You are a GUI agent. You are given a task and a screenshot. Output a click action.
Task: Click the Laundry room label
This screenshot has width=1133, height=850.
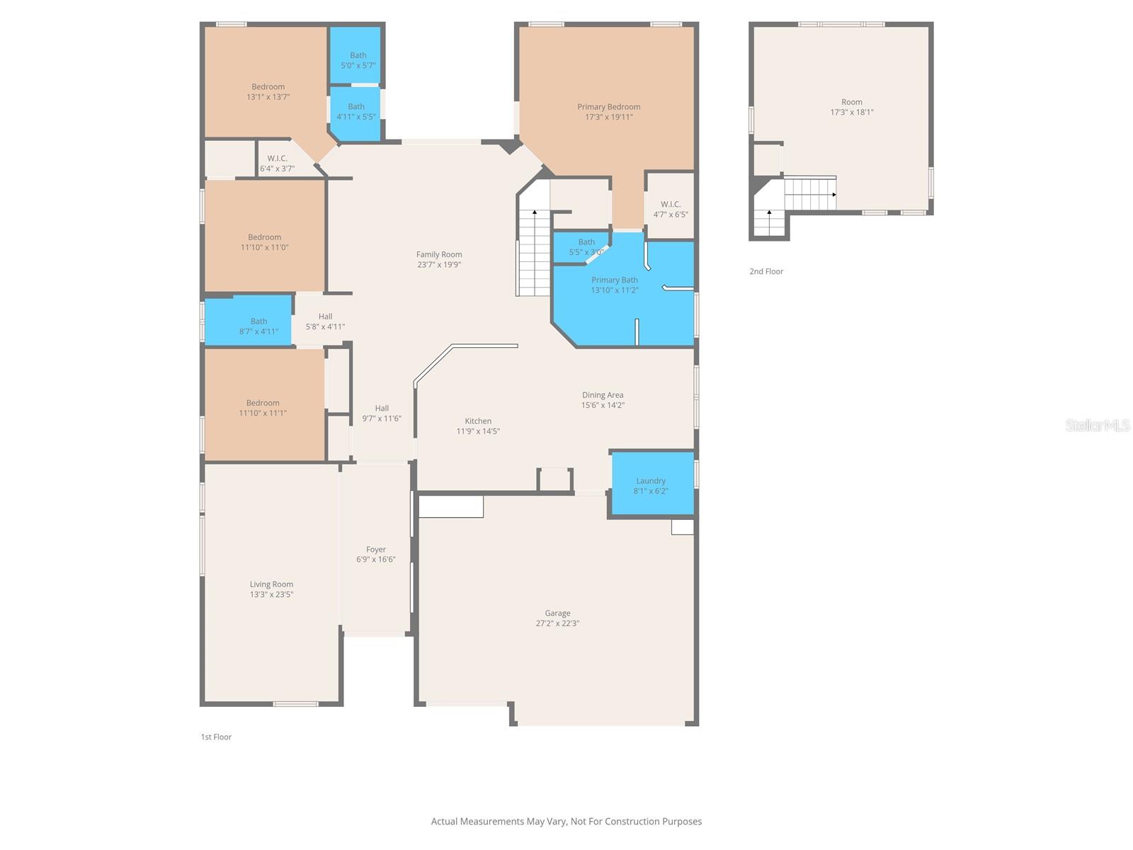(650, 481)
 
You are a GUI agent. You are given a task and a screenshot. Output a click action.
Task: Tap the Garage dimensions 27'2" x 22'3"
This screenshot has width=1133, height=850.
(557, 623)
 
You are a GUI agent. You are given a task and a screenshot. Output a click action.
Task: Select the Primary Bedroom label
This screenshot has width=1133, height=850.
(608, 107)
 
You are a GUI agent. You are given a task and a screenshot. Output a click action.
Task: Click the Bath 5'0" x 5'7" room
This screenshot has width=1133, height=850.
(358, 59)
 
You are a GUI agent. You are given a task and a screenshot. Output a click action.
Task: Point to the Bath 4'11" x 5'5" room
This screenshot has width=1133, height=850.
(355, 112)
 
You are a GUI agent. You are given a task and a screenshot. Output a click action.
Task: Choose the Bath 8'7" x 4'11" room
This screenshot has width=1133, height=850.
(258, 326)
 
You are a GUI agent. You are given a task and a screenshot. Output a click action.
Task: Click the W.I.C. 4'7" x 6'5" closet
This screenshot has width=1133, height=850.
(670, 209)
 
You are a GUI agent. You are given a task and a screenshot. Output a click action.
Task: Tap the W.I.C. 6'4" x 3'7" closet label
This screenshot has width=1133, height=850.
(277, 159)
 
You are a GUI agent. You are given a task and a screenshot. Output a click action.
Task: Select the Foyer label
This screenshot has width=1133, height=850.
(375, 550)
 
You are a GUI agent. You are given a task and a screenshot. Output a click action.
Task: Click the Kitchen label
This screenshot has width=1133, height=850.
(478, 421)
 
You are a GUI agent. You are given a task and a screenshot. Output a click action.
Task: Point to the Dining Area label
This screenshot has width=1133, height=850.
(603, 395)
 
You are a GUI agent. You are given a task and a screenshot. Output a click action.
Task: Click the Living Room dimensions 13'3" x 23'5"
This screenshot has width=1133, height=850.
(271, 595)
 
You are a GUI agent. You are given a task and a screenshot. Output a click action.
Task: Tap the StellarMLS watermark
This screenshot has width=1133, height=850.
(1097, 425)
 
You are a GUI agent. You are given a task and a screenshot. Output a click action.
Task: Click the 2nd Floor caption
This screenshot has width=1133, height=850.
(766, 271)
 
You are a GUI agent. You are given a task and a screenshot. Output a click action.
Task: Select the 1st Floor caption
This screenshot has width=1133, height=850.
(216, 737)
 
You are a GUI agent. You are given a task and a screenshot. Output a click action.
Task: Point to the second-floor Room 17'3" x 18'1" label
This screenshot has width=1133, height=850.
(851, 102)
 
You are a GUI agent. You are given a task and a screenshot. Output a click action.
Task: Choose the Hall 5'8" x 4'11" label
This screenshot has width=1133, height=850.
(325, 317)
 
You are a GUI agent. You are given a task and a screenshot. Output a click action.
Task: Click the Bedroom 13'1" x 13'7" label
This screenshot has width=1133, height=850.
(268, 87)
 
